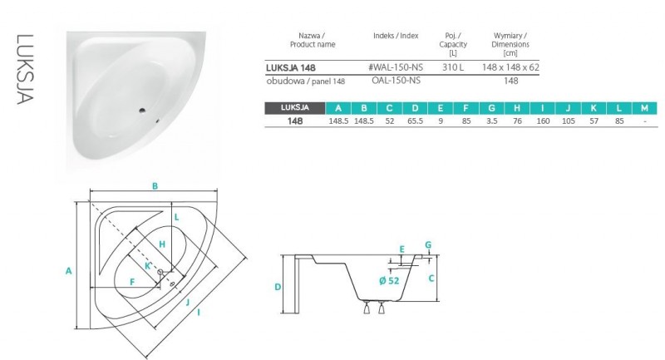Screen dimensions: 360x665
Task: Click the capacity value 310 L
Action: click(x=453, y=66)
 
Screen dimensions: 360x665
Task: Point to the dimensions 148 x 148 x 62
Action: click(x=511, y=66)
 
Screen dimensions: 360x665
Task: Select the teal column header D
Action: click(x=415, y=107)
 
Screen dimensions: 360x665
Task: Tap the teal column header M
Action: click(x=645, y=107)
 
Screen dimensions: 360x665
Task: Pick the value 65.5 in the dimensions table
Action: click(x=415, y=121)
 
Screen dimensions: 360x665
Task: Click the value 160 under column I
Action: click(x=543, y=121)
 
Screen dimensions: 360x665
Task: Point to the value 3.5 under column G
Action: click(x=491, y=121)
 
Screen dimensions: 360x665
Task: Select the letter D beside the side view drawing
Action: click(x=278, y=287)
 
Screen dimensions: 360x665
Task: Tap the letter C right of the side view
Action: click(x=431, y=279)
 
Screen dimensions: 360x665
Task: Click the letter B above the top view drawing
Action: click(x=155, y=186)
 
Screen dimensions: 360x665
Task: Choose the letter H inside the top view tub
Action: click(x=163, y=244)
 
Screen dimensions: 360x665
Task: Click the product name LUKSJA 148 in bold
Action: click(x=290, y=66)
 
